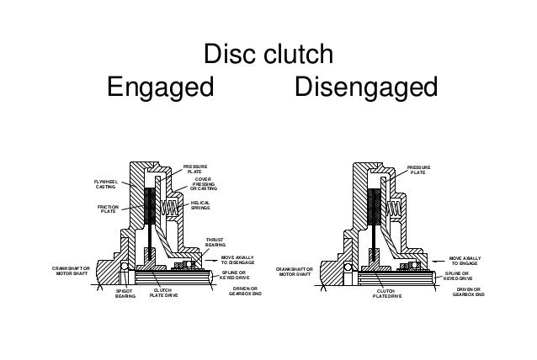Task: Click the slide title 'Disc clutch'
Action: coord(269,58)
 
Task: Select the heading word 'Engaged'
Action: coord(160,87)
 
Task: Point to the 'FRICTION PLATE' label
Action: coord(109,209)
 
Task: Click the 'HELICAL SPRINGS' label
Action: coord(200,205)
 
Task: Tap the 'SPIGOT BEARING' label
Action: coord(125,294)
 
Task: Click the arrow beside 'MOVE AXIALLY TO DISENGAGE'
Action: coord(209,262)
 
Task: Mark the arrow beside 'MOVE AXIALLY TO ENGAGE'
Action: coord(438,263)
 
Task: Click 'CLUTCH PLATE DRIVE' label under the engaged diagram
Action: coord(165,292)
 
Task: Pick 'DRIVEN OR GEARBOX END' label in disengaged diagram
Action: coord(467,291)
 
